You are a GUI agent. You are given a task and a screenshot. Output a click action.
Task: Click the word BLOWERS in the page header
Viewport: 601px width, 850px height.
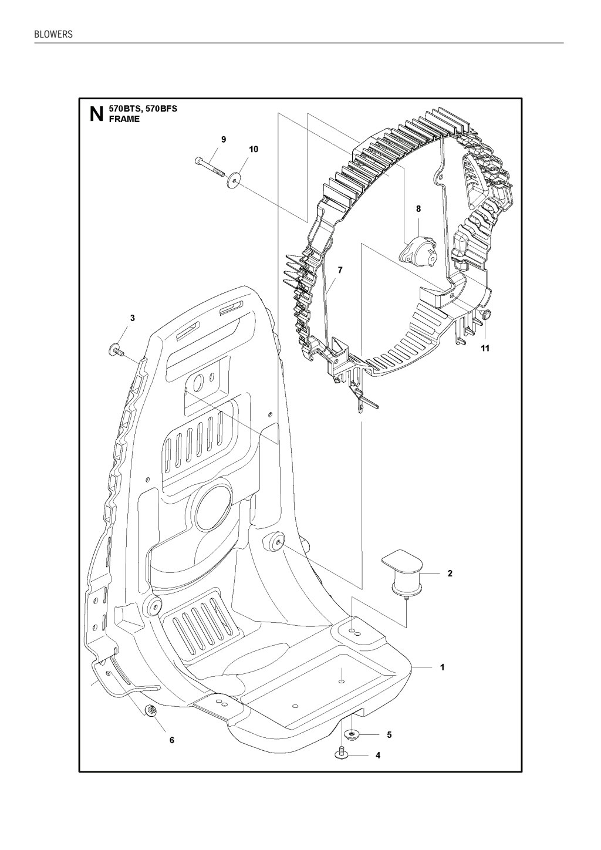click(53, 34)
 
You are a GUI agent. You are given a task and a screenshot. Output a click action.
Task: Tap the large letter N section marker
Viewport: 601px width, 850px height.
click(96, 114)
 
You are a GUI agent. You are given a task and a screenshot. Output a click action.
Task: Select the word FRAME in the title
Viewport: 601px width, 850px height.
click(124, 119)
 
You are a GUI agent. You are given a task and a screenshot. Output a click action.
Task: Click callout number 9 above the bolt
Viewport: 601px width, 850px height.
click(224, 139)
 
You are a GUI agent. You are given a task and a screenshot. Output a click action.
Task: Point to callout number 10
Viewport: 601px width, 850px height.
click(254, 149)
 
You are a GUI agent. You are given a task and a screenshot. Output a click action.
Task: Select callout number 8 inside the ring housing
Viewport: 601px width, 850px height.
click(418, 209)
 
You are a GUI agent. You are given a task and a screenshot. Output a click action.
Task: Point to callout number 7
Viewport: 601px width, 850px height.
click(340, 270)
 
